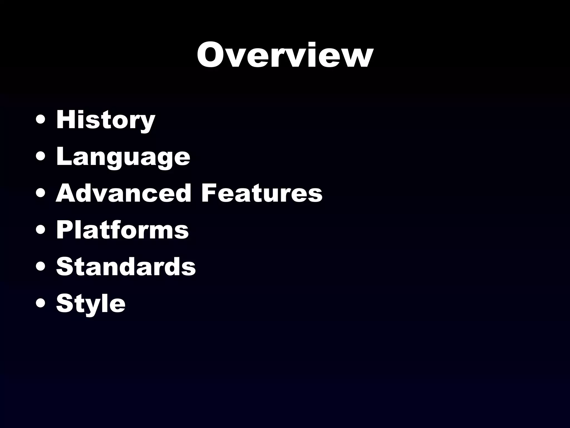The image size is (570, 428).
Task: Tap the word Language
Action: pos(123,157)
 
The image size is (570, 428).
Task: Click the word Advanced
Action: pos(124,193)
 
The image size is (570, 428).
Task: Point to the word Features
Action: pos(262,193)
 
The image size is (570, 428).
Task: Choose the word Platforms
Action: pos(122,230)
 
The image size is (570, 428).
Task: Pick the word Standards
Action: pos(126,266)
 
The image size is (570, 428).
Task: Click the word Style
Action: pos(91,303)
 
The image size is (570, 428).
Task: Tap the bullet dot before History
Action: pos(41,121)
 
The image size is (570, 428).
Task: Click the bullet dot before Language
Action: pos(41,157)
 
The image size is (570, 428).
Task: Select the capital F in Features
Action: pos(209,193)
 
